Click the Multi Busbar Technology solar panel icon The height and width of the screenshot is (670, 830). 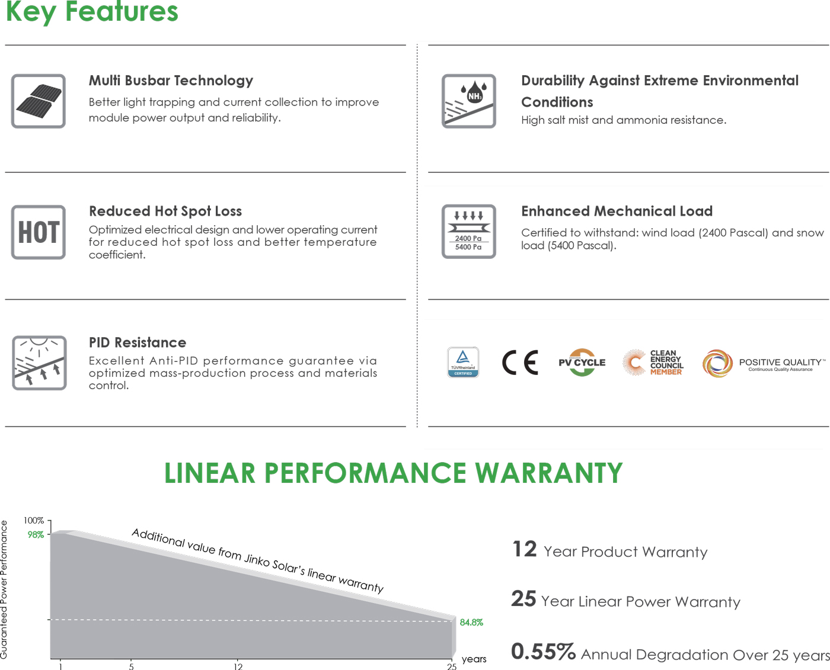(38, 101)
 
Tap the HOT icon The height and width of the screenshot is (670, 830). (38, 232)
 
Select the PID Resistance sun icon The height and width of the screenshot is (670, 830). (39, 363)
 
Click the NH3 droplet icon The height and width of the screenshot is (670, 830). (469, 101)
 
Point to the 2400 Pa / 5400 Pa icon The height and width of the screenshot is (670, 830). (469, 231)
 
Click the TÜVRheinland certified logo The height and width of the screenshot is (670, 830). (463, 362)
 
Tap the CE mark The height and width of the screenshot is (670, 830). (520, 362)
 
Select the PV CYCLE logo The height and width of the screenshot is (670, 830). (582, 362)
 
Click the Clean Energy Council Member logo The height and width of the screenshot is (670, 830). (653, 362)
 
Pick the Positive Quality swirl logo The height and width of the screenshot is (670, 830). (717, 363)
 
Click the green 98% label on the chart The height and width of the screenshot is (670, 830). (36, 534)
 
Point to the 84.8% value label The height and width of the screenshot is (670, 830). (471, 622)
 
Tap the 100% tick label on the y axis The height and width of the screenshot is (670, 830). (34, 521)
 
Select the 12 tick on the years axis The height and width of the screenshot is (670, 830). (238, 666)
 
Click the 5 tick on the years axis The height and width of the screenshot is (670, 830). (132, 666)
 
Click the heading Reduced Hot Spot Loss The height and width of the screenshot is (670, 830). (165, 211)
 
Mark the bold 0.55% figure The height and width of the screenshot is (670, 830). (543, 651)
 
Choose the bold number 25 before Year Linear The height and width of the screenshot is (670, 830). (523, 599)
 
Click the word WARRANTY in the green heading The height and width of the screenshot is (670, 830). (548, 473)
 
